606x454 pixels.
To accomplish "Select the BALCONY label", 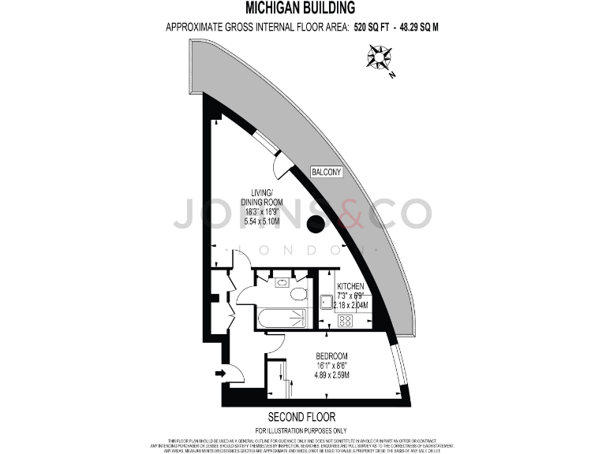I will coord(325,172).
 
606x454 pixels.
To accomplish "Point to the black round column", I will coord(316,224).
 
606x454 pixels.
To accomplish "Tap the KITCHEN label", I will coord(350,286).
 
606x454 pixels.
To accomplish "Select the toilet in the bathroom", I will coord(298,294).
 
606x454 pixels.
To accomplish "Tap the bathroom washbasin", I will coord(282,281).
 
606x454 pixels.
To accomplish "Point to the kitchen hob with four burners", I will coord(345,319).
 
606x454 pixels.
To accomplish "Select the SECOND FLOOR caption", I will coord(302,416).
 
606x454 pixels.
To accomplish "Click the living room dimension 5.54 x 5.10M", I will coord(262,222).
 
